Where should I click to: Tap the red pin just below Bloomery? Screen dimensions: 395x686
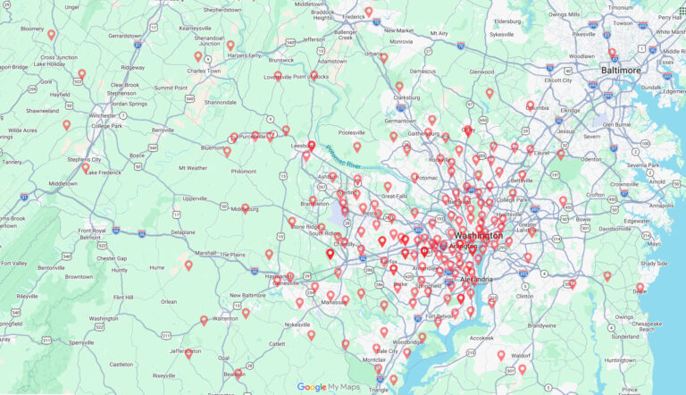coord(52,35)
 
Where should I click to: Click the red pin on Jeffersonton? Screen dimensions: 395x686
coord(188,354)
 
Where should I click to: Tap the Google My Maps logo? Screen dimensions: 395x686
coord(327,387)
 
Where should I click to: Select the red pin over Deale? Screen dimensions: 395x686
coord(640,288)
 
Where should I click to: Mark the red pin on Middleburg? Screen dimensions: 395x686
coord(244,208)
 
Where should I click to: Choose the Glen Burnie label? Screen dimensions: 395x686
coord(616,124)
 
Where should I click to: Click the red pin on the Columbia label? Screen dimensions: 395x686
coord(531,105)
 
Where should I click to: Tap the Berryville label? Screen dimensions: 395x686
coord(163,130)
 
